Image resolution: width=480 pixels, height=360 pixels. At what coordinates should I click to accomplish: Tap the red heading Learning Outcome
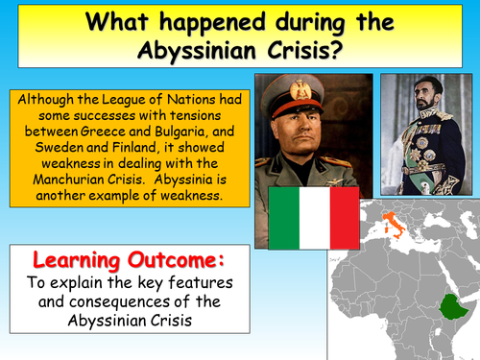click(x=117, y=261)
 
